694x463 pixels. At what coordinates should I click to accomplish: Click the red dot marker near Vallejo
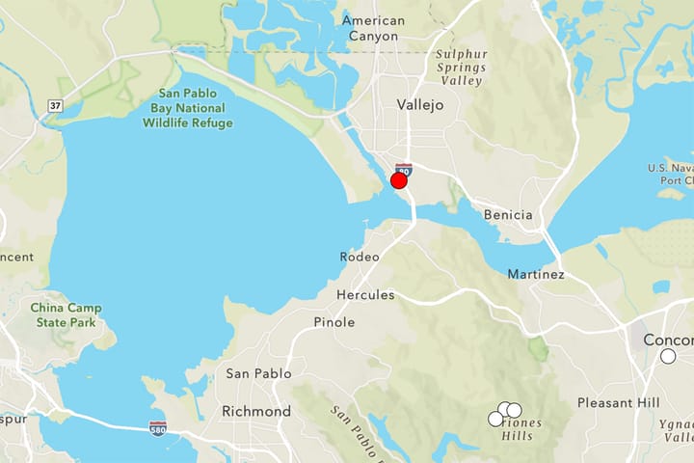(x=399, y=180)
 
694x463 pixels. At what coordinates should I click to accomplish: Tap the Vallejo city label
(x=420, y=105)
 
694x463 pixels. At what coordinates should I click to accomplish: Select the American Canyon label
(x=373, y=28)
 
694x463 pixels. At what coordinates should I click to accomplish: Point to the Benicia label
(x=507, y=214)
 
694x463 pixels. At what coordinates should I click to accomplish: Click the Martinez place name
(x=536, y=274)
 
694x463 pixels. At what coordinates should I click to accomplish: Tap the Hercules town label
(x=365, y=294)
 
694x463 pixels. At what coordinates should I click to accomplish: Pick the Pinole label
(x=334, y=322)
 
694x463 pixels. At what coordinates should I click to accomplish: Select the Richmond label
(x=255, y=411)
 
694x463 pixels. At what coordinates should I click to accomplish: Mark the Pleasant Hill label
(x=619, y=402)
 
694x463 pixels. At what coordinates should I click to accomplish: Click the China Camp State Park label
(x=65, y=314)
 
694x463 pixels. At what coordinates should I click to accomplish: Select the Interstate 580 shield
(x=158, y=428)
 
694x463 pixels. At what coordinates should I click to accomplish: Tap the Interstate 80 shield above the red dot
(x=403, y=169)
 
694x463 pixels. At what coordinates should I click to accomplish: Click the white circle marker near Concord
(x=668, y=356)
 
